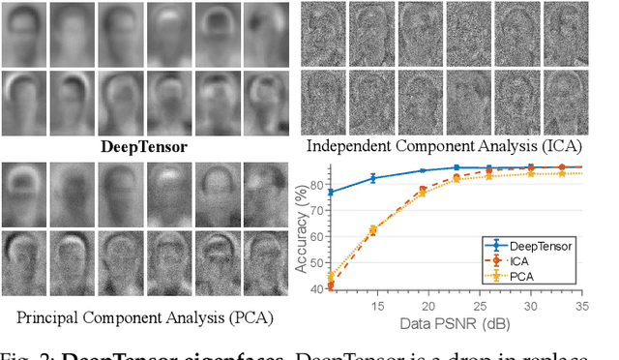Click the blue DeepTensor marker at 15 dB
[373, 177]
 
